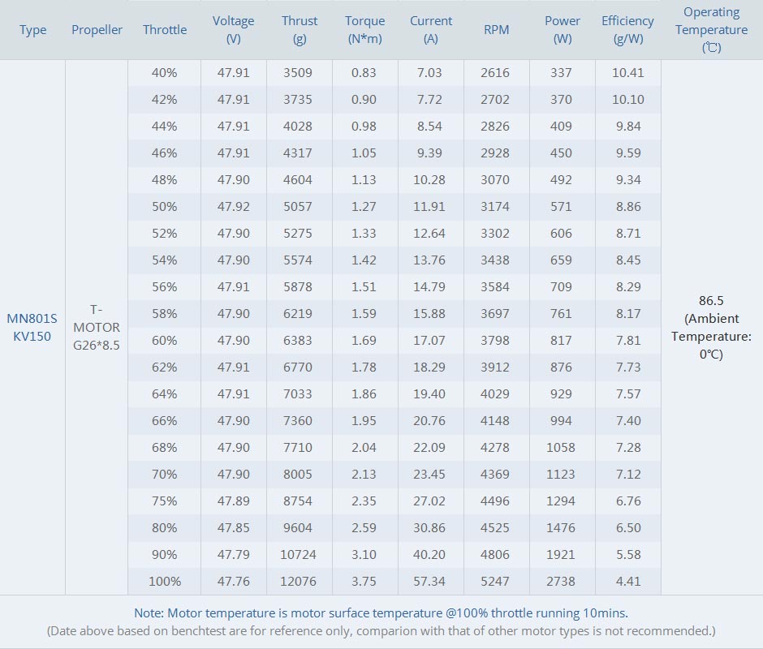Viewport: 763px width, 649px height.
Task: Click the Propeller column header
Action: (x=97, y=30)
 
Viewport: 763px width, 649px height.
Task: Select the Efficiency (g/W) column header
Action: (x=627, y=30)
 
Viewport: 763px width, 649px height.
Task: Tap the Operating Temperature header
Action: (x=711, y=29)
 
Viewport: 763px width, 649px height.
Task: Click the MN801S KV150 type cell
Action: (x=32, y=327)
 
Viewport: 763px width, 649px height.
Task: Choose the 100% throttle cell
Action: (x=164, y=581)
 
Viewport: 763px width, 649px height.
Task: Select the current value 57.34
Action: (x=429, y=581)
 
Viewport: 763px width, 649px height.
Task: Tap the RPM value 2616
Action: (x=495, y=73)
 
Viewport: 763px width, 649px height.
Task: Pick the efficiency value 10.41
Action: (x=627, y=73)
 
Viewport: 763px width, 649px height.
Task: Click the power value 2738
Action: (x=561, y=581)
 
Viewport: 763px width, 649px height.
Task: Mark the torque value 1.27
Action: (x=364, y=207)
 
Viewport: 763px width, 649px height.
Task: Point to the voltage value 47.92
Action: (x=233, y=207)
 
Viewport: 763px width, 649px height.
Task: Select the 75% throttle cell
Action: (x=164, y=501)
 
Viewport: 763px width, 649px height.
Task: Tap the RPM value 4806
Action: (x=495, y=554)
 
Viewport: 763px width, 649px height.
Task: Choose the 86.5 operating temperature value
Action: (x=711, y=300)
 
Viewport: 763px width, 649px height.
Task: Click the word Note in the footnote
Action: (x=149, y=612)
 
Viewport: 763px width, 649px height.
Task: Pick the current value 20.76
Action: (x=429, y=420)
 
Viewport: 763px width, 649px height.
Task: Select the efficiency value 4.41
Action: (x=627, y=581)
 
